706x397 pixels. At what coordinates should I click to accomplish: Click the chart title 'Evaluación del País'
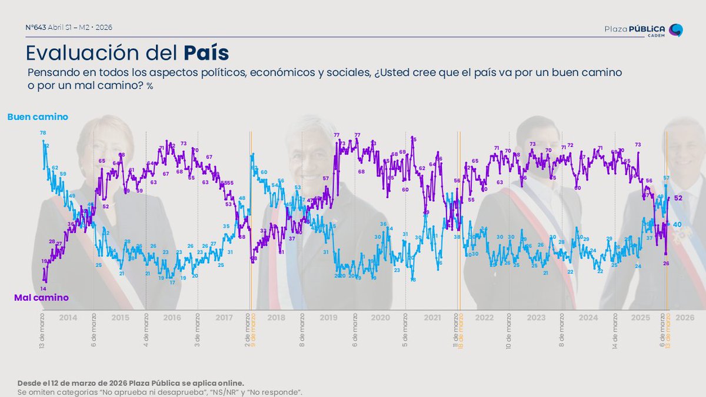127,52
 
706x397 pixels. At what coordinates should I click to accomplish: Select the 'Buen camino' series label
38,117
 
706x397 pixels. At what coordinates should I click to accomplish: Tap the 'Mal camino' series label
41,298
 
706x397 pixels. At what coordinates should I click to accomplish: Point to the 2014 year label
68,318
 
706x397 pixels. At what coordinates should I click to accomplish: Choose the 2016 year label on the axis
172,318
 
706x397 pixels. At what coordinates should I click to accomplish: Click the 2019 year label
328,318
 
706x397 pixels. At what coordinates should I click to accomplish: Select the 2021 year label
432,318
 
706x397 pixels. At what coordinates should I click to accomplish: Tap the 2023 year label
536,318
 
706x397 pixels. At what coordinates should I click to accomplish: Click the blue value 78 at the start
43,133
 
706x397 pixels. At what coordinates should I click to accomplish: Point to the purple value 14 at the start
43,288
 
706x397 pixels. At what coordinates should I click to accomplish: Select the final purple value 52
677,198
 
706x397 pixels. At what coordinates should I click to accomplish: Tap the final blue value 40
677,225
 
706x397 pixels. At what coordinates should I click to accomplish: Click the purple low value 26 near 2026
667,263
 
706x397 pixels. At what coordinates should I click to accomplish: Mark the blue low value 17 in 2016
172,283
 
